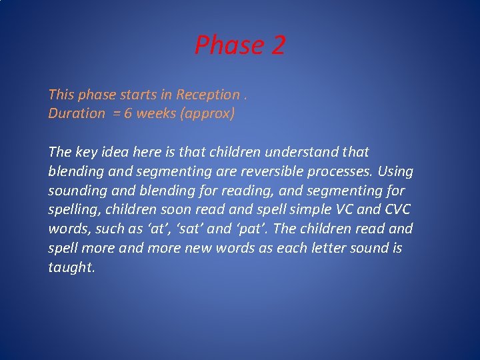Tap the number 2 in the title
(x=277, y=45)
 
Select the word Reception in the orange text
(x=207, y=95)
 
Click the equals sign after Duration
(x=115, y=113)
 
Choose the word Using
(x=396, y=171)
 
